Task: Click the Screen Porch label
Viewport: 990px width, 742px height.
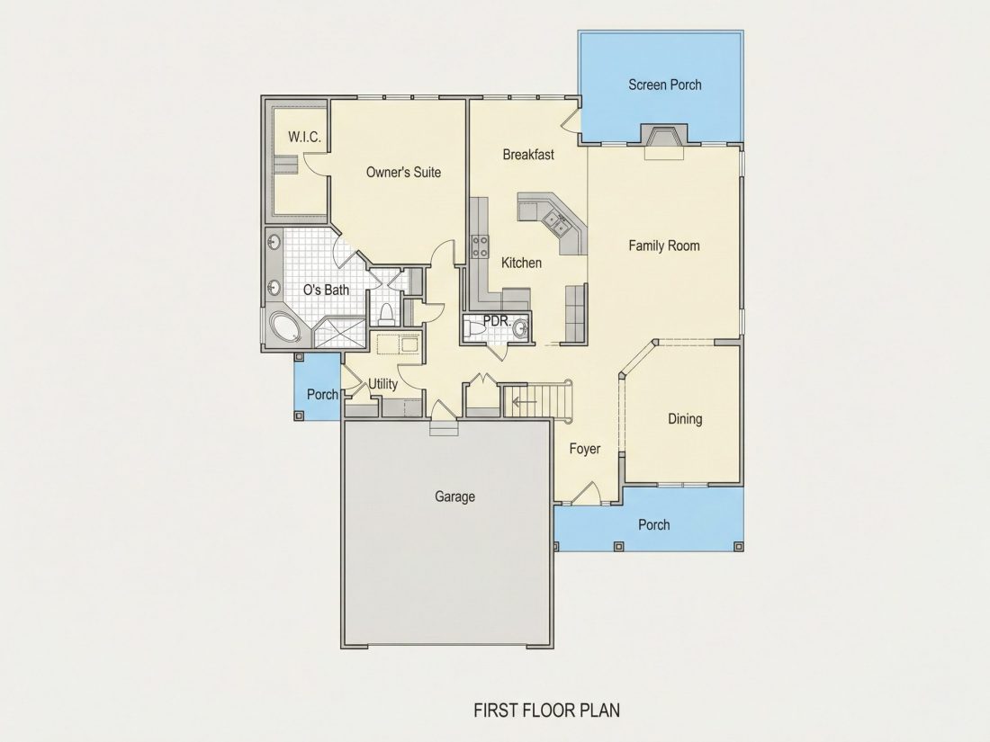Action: (x=664, y=85)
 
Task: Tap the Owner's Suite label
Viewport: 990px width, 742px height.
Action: (x=403, y=172)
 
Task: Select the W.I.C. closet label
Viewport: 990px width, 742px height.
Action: (x=304, y=137)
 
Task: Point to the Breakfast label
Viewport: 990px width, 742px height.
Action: (x=528, y=154)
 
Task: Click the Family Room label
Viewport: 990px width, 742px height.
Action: (x=664, y=246)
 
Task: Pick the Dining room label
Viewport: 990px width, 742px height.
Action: (x=685, y=418)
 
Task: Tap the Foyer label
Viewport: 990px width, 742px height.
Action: (x=585, y=449)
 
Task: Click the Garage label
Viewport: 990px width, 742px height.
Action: (x=454, y=496)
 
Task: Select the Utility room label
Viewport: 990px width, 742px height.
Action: (x=382, y=384)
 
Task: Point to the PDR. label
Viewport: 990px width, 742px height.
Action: (x=497, y=320)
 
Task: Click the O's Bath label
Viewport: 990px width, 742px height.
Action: (x=326, y=290)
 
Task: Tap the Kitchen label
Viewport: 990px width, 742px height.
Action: (x=521, y=263)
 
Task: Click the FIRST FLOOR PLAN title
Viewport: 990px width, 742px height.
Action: (x=547, y=711)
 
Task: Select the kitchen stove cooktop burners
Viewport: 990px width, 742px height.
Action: (x=480, y=246)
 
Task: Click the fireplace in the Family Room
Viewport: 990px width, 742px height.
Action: (x=663, y=138)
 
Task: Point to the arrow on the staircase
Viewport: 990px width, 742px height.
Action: (x=524, y=401)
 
